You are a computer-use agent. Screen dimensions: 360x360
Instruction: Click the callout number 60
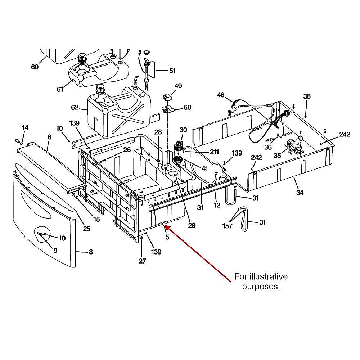point(35,67)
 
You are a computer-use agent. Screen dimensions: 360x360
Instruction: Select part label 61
point(60,89)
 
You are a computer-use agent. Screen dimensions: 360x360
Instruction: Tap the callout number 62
point(75,107)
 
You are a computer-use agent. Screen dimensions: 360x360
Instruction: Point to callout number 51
point(172,71)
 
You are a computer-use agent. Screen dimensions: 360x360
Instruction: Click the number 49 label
point(178,86)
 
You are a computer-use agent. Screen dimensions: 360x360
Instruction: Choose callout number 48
point(221,95)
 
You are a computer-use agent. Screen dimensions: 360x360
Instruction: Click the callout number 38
point(307,96)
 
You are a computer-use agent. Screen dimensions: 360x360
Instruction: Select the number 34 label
point(300,193)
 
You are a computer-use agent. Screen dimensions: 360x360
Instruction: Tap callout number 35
point(278,156)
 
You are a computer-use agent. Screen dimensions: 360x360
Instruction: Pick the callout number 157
point(228,226)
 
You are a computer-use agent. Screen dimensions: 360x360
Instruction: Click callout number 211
point(214,152)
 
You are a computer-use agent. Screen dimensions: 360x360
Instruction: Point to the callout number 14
point(25,128)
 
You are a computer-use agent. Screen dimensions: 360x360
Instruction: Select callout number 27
point(143,261)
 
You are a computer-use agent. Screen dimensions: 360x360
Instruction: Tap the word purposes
point(261,287)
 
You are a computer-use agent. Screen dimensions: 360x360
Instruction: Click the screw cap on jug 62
point(100,88)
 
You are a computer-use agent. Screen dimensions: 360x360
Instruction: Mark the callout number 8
point(91,252)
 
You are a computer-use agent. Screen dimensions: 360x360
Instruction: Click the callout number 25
point(87,229)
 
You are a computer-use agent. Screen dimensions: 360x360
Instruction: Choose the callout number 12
point(217,205)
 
